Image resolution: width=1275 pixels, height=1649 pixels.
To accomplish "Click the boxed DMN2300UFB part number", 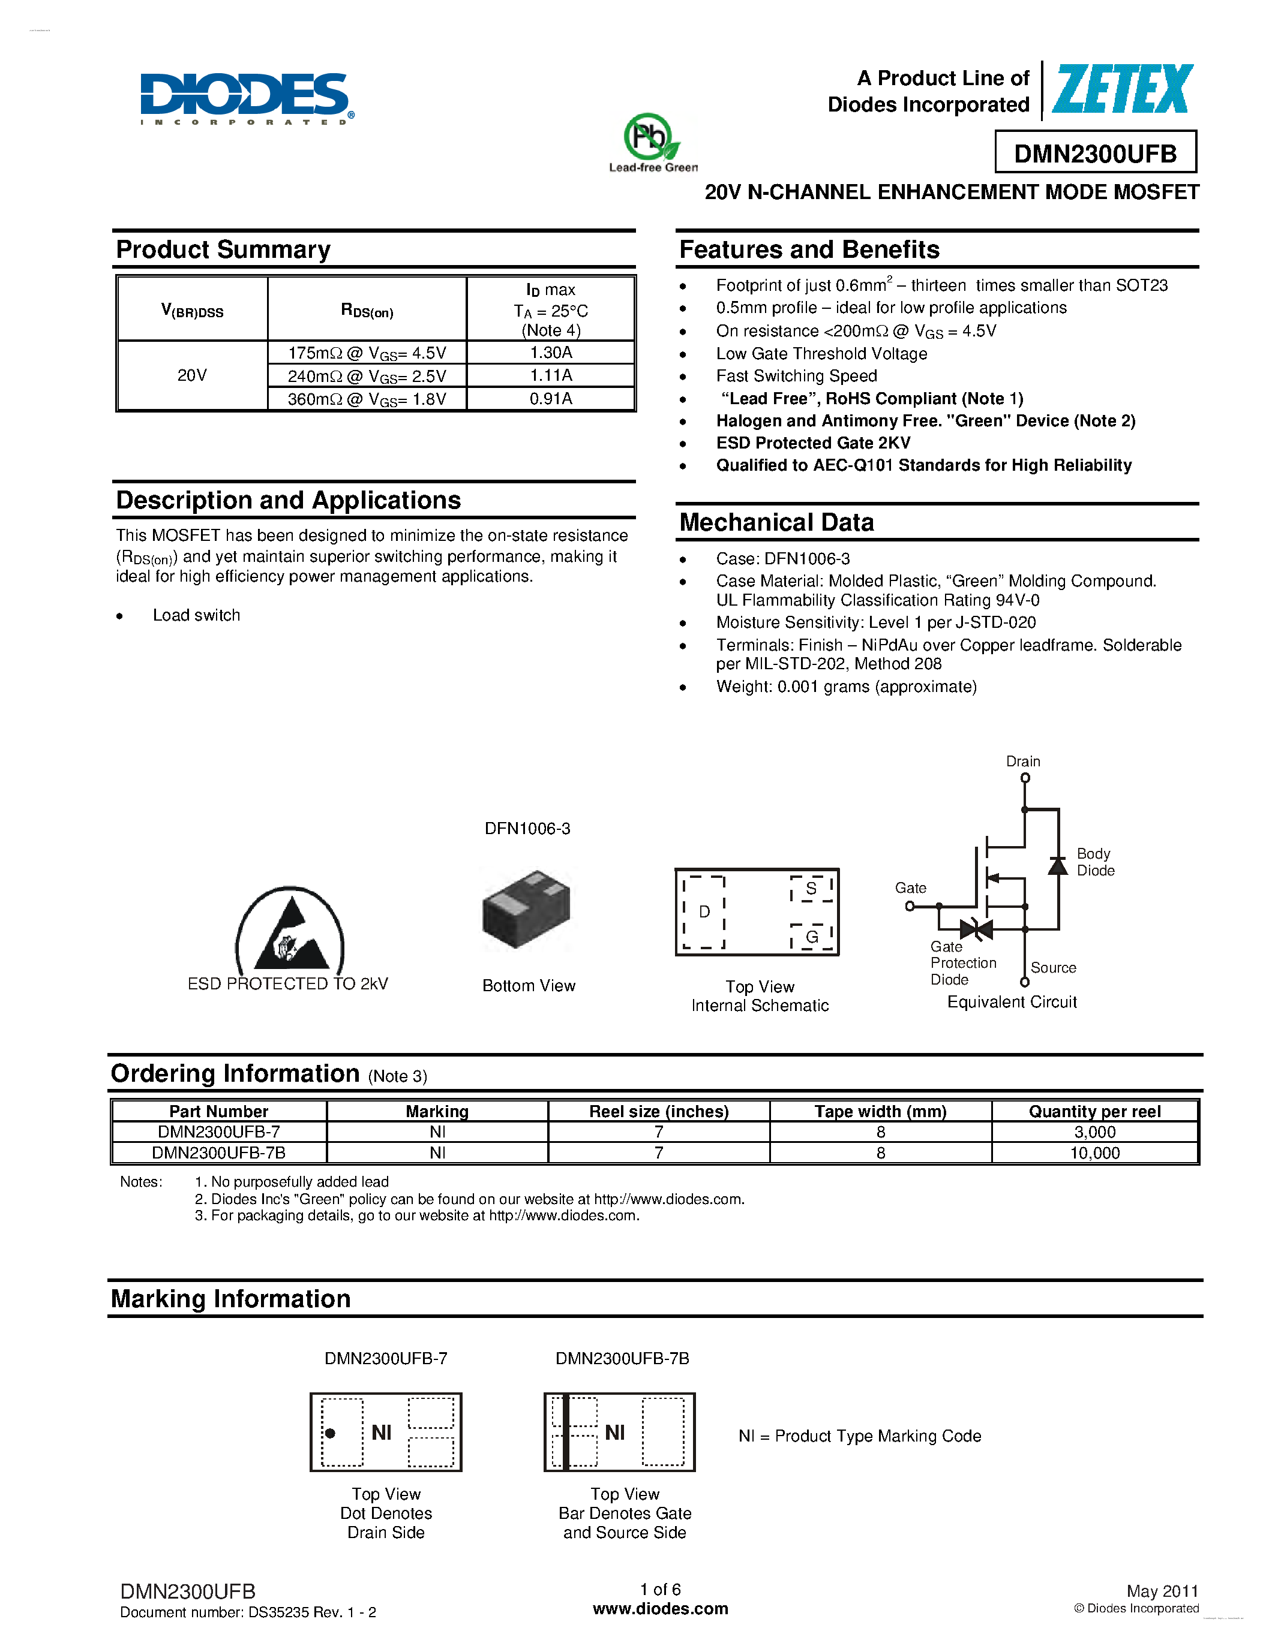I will click(1095, 154).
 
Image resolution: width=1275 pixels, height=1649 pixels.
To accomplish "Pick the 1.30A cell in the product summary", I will click(551, 353).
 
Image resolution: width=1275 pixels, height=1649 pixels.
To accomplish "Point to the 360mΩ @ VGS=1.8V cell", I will click(367, 399).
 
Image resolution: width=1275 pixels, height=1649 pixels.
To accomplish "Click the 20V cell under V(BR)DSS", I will click(192, 375).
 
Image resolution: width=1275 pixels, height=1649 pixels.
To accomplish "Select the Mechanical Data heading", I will click(776, 522).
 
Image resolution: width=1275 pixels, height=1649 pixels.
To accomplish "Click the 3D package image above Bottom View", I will click(526, 909).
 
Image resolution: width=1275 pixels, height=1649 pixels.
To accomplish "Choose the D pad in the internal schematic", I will click(704, 912).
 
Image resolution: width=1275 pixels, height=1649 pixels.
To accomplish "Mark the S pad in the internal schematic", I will click(811, 889).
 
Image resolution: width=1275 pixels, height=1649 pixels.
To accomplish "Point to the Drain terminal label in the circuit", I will click(1023, 761).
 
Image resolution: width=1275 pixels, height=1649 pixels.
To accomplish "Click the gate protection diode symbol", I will click(976, 929).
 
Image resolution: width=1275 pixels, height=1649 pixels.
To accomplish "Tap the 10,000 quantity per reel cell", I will click(1094, 1153).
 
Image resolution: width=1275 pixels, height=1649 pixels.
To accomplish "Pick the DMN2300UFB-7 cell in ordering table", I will click(219, 1132).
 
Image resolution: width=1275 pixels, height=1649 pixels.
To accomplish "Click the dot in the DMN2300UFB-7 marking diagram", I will click(330, 1433).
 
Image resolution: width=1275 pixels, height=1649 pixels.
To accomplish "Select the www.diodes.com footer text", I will click(660, 1609).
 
